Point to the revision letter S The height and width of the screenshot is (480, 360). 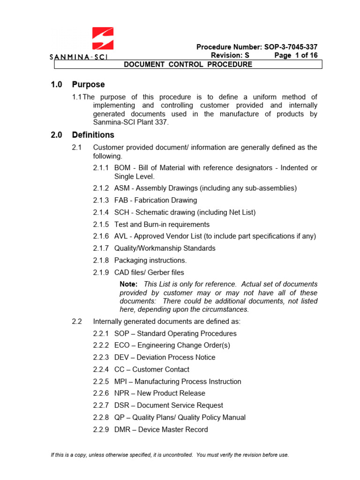[x=247, y=55]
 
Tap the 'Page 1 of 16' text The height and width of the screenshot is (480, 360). [x=296, y=55]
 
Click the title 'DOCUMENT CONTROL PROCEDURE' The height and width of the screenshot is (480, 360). [x=187, y=64]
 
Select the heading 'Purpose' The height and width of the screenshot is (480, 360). [x=88, y=85]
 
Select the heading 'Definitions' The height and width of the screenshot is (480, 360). [x=93, y=135]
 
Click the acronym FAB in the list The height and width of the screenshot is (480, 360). [x=121, y=200]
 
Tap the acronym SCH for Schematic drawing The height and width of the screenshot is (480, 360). [x=122, y=212]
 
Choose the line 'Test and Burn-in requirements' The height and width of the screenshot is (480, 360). [x=162, y=225]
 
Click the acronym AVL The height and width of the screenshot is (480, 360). [x=121, y=236]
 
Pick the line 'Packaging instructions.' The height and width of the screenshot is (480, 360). [x=150, y=260]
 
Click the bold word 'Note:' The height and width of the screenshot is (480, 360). [x=128, y=284]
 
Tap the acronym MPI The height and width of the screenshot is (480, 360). [x=121, y=382]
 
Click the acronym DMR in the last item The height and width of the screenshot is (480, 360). [x=122, y=429]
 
